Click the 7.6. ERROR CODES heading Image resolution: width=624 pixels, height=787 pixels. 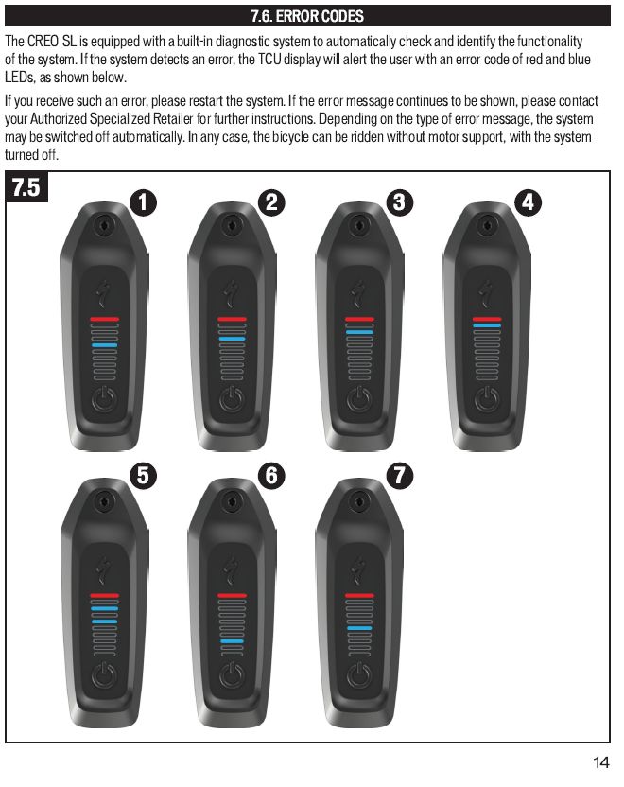307,16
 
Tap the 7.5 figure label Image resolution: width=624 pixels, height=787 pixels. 26,186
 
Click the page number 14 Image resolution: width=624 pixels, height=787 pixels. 601,762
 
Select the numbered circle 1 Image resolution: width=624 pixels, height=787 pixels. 143,202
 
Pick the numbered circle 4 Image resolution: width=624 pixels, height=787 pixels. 529,202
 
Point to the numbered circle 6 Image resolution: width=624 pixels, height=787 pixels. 271,475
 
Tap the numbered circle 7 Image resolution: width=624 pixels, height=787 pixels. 400,475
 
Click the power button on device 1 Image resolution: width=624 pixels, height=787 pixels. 104,399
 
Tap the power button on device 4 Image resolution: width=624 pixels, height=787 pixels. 487,399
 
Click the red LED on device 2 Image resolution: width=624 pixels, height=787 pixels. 232,319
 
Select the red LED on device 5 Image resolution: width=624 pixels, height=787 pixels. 104,595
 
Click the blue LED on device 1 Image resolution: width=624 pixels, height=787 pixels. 104,345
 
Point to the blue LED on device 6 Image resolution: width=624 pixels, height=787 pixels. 232,641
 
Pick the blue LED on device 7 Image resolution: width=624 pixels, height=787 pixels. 359,628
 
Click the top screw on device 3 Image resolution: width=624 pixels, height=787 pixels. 359,225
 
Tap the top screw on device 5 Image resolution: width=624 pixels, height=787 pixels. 104,501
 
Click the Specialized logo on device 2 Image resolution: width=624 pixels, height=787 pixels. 232,293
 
